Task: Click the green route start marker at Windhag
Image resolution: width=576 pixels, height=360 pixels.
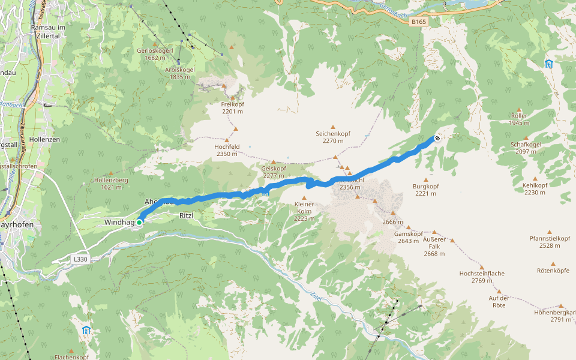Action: [x=139, y=223]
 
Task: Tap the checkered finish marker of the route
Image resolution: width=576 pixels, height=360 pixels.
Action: [x=437, y=138]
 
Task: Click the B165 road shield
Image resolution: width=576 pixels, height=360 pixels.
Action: [x=418, y=22]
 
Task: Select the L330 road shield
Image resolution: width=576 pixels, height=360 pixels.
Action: [x=80, y=259]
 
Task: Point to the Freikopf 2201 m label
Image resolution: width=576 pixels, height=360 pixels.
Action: [x=232, y=108]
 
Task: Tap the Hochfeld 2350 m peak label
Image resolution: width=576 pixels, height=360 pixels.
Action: [x=227, y=150]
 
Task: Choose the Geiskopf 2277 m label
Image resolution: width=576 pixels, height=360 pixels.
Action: [x=274, y=172]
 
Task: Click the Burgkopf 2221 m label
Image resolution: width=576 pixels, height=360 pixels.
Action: [x=426, y=190]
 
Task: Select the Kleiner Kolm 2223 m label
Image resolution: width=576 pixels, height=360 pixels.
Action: [x=304, y=211]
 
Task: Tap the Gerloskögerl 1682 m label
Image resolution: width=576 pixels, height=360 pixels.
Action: [x=155, y=54]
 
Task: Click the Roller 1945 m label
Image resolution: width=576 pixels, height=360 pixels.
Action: [x=519, y=119]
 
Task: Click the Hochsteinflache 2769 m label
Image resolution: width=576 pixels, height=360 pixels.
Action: [x=482, y=277]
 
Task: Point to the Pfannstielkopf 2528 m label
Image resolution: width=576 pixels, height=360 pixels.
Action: [x=550, y=242]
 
